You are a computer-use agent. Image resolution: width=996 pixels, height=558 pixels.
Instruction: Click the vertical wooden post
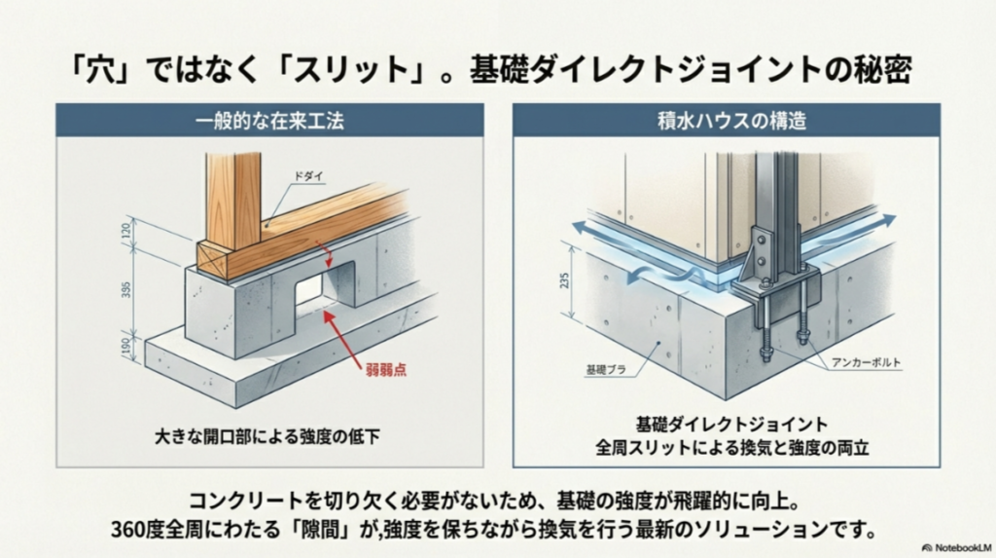[232, 199]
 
